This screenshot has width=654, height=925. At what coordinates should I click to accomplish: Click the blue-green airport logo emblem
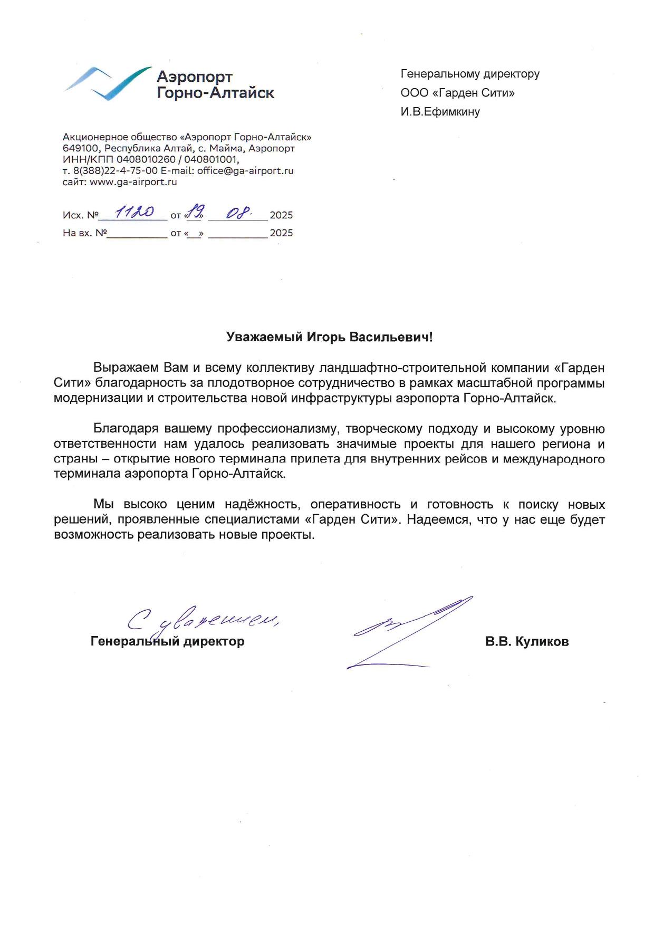point(108,83)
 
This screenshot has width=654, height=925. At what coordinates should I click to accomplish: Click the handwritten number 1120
point(134,212)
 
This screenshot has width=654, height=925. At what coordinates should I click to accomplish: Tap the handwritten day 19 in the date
point(195,212)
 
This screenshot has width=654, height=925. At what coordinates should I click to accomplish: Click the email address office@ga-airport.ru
point(245,171)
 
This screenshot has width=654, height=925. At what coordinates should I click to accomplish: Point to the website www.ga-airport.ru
point(133,182)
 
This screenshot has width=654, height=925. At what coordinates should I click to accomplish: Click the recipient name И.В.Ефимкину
point(440,112)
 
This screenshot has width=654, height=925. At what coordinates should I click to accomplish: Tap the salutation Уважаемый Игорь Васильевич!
point(329,337)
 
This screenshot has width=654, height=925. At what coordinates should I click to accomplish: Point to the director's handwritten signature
point(409,633)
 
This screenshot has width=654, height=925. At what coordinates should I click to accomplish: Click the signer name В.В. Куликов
point(527,642)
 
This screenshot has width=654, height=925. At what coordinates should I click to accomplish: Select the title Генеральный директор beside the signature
point(168,642)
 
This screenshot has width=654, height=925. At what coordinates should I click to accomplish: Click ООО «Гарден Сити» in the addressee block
point(457,93)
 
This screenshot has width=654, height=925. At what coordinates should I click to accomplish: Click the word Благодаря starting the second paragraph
point(126,429)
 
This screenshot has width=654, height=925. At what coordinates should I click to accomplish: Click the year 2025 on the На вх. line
point(281,233)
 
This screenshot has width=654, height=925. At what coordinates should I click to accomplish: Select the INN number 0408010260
point(146,160)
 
